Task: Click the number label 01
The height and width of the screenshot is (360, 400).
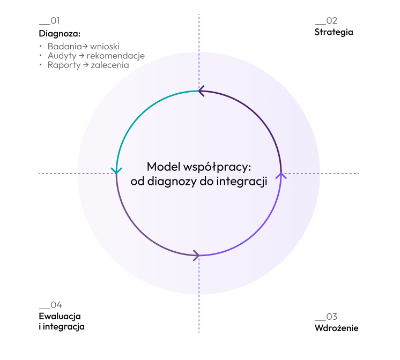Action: pyautogui.click(x=54, y=21)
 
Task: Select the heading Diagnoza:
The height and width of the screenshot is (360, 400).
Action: pyautogui.click(x=60, y=33)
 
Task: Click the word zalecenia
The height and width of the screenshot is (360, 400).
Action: pyautogui.click(x=110, y=65)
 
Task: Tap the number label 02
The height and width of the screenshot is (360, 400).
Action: pyautogui.click(x=331, y=21)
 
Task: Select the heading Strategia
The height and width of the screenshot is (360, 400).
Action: pyautogui.click(x=334, y=32)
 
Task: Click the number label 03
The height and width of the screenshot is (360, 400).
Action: pyautogui.click(x=331, y=317)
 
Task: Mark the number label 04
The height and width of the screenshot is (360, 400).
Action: pyautogui.click(x=56, y=305)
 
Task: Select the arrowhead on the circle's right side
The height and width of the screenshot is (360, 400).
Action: pyautogui.click(x=281, y=175)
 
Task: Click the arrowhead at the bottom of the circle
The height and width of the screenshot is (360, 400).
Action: pyautogui.click(x=197, y=254)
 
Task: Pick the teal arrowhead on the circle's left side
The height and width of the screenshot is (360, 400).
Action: pyautogui.click(x=116, y=170)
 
